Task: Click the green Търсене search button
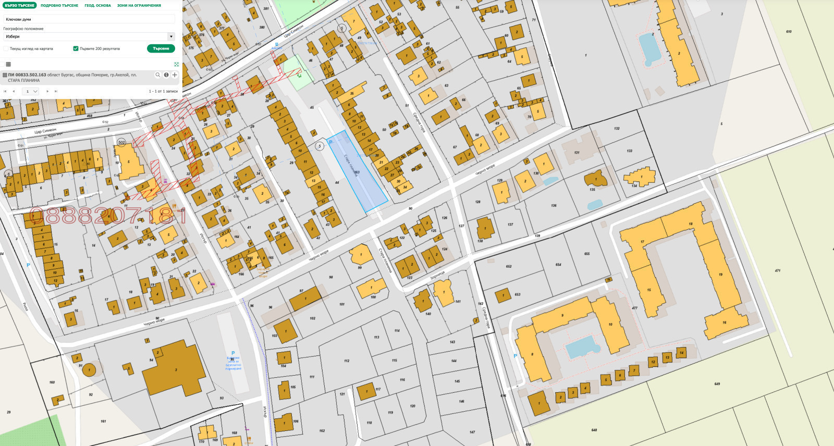coord(161,48)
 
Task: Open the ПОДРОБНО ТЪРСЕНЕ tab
coord(59,5)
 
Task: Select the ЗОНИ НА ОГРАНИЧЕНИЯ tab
coord(139,5)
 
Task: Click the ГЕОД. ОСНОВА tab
coord(97,5)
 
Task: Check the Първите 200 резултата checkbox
coord(76,48)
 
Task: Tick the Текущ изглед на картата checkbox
coord(6,48)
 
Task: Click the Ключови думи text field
coord(89,19)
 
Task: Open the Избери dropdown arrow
coord(170,36)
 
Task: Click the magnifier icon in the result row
coord(158,75)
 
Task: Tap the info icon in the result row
coord(166,75)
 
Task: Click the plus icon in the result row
coord(175,75)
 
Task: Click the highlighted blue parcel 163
coord(358,172)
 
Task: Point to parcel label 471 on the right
coord(777,270)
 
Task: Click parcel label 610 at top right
coord(789,32)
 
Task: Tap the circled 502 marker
coord(121,142)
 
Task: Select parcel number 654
coord(558,265)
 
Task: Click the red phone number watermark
coord(107,215)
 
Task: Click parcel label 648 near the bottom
coord(594,430)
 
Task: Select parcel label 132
coord(617,128)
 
